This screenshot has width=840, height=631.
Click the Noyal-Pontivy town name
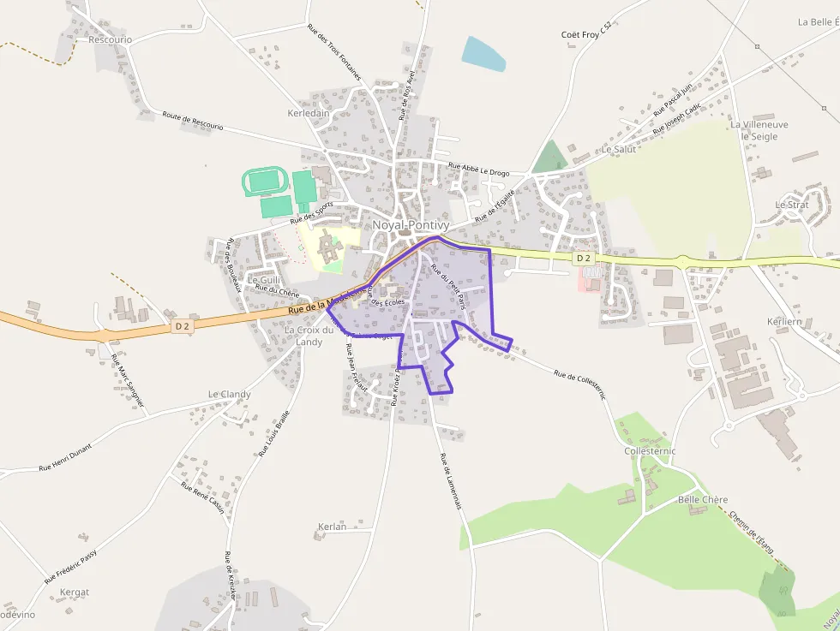(x=411, y=225)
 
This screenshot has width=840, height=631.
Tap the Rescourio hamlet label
(x=111, y=39)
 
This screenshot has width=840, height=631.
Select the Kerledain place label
(x=309, y=113)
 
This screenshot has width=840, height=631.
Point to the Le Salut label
(x=619, y=149)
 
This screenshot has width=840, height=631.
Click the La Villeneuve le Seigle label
(x=759, y=130)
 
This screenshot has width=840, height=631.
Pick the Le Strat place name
(x=791, y=205)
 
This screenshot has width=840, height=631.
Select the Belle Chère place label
(x=702, y=499)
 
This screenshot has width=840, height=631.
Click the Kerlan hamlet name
(x=332, y=527)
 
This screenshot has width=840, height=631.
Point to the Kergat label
(x=75, y=592)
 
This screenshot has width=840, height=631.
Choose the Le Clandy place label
(x=229, y=395)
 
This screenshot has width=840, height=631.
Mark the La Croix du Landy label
(x=309, y=336)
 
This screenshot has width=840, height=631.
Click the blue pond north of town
(x=483, y=53)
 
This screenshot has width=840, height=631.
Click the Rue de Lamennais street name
(x=451, y=480)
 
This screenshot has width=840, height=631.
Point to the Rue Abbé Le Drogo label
(x=478, y=170)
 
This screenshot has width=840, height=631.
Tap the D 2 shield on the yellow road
(x=583, y=258)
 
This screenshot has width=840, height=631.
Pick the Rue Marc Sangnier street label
(x=129, y=384)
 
